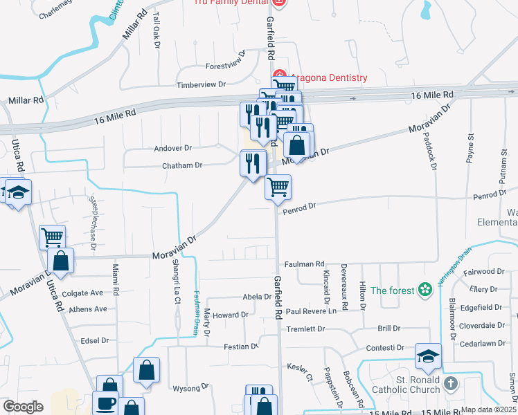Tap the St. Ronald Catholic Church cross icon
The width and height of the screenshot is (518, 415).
click(x=450, y=382)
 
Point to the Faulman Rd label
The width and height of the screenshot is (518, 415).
click(x=304, y=264)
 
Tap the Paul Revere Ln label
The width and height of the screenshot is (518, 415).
click(x=311, y=311)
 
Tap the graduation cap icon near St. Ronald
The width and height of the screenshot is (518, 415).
click(x=428, y=357)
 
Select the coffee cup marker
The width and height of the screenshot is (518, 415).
click(x=106, y=403)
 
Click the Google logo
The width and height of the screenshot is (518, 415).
click(x=22, y=406)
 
